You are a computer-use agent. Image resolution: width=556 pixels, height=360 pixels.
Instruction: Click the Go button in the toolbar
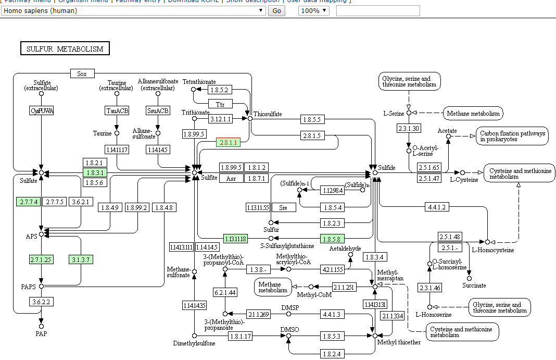276,11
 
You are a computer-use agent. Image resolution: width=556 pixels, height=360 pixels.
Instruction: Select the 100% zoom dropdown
313,11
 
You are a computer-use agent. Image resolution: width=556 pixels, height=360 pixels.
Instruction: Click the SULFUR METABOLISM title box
65,49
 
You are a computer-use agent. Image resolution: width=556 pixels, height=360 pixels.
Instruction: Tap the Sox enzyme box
82,74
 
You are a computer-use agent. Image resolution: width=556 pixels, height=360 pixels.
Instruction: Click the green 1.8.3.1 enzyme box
95,172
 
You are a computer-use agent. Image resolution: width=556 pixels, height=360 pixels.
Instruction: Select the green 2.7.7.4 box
28,202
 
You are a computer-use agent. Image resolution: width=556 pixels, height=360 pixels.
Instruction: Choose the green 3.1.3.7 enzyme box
81,259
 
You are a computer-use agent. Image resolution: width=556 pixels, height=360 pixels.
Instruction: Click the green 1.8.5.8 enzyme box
332,239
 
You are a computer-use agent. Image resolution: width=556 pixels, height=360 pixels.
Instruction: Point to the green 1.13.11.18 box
235,239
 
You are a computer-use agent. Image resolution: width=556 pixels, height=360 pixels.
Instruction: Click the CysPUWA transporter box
42,110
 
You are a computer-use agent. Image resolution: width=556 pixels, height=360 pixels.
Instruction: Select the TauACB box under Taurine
117,110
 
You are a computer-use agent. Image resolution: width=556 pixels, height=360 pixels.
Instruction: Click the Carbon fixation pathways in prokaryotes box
512,136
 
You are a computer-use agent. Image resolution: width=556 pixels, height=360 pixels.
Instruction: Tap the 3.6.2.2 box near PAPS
41,302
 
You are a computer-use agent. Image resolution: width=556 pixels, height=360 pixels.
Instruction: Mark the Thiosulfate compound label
268,114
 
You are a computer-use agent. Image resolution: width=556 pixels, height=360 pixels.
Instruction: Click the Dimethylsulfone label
194,343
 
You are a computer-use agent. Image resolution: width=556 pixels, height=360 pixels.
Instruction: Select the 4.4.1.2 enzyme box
437,207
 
